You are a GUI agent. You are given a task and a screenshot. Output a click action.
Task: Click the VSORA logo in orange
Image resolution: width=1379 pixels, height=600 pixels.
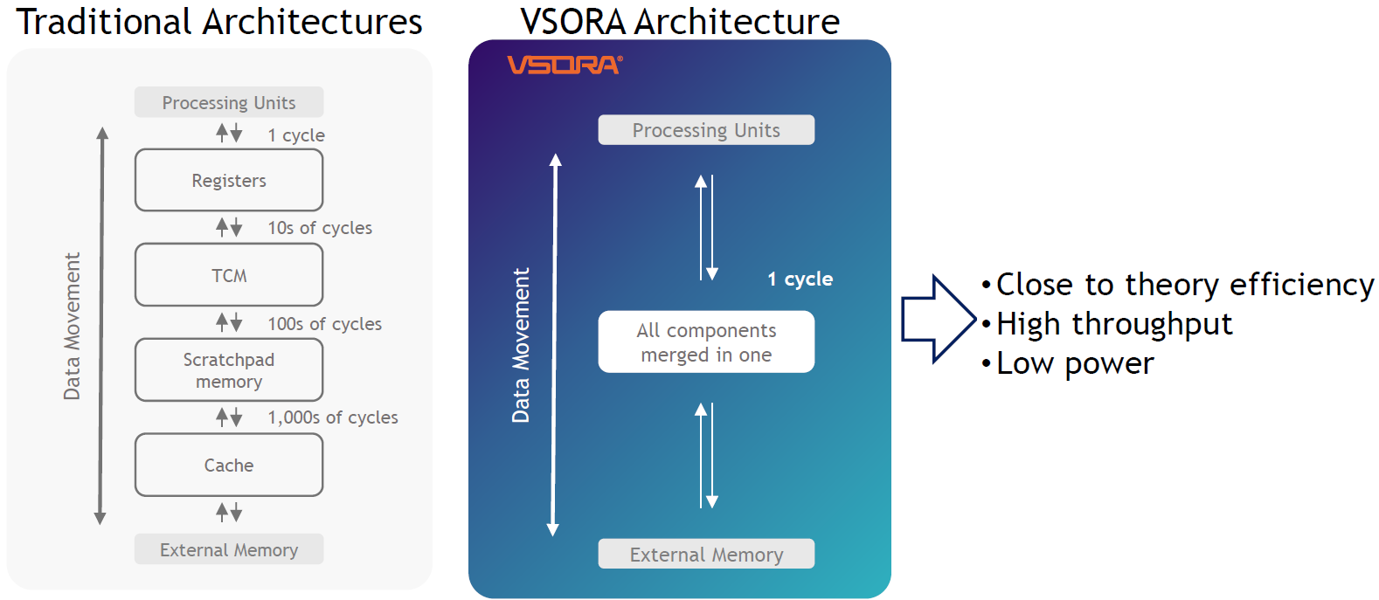pos(565,66)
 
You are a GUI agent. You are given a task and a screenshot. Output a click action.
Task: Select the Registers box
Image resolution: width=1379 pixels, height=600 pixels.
pos(229,181)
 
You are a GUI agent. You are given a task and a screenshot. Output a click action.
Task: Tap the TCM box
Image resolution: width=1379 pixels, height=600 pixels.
pos(229,275)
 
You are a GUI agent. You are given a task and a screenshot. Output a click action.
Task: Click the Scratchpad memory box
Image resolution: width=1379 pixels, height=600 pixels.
pos(229,370)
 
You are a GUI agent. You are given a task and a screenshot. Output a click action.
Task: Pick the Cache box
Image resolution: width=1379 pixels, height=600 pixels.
pos(229,466)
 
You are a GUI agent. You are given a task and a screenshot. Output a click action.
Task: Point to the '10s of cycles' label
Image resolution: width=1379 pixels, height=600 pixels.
pos(320,228)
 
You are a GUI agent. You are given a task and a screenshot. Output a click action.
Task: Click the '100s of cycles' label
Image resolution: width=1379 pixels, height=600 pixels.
pos(324,324)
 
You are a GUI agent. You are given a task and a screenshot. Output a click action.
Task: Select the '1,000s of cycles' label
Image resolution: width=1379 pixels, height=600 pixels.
pos(332,417)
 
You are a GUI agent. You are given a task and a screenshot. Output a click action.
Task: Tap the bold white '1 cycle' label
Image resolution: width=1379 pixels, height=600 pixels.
pos(800,279)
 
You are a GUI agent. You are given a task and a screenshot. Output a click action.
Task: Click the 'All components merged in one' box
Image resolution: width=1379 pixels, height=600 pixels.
pos(706,342)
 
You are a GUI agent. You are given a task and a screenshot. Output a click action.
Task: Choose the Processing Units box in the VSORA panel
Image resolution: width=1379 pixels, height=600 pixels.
pos(706,130)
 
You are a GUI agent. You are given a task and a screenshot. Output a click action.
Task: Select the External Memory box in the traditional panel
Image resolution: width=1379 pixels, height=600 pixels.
pos(229,550)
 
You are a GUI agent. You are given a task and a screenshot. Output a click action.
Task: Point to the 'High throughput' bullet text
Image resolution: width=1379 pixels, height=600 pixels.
pos(1114,324)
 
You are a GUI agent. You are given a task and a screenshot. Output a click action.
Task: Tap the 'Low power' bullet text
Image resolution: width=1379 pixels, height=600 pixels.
pos(1075,363)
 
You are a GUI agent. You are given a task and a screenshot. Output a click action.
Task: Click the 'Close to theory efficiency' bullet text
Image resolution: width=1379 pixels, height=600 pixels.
pos(1184,285)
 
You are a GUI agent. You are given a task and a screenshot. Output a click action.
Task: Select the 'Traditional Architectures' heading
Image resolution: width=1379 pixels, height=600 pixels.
pos(219,22)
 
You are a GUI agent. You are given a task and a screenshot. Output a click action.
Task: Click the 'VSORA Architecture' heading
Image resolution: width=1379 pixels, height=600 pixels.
pos(680,22)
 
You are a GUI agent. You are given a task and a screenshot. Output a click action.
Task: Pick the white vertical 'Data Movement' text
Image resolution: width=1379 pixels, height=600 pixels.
pos(521,345)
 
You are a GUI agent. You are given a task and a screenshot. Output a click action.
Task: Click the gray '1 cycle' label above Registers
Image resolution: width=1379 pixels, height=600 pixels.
pos(296,135)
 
